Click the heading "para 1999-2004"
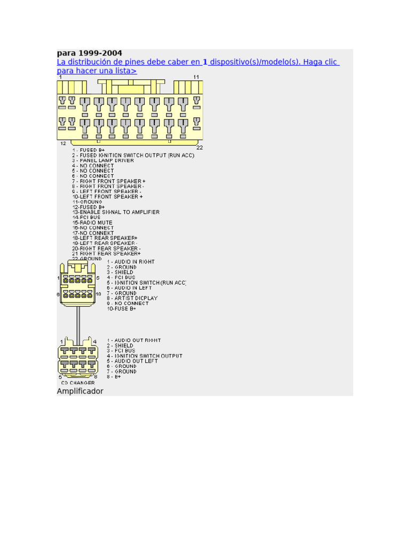tap(89, 53)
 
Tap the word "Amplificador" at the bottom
tap(80, 391)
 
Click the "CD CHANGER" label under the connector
tap(78, 382)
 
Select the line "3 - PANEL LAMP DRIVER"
tap(104, 160)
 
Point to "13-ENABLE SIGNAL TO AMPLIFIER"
tap(116, 212)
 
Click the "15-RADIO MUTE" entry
tap(92, 222)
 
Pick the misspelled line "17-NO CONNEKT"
tap(93, 233)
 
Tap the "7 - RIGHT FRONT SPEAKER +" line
tap(109, 181)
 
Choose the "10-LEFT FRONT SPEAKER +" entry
tap(107, 197)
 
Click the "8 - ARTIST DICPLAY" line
tap(132, 298)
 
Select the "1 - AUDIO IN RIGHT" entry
tap(131, 262)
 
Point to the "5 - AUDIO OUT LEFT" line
tap(132, 361)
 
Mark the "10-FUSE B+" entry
tap(122, 309)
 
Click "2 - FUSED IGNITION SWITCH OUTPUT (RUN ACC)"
tap(133, 155)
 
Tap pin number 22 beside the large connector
tap(200, 147)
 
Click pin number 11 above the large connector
tap(196, 77)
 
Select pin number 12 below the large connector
tap(63, 143)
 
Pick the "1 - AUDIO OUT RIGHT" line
tap(134, 340)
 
